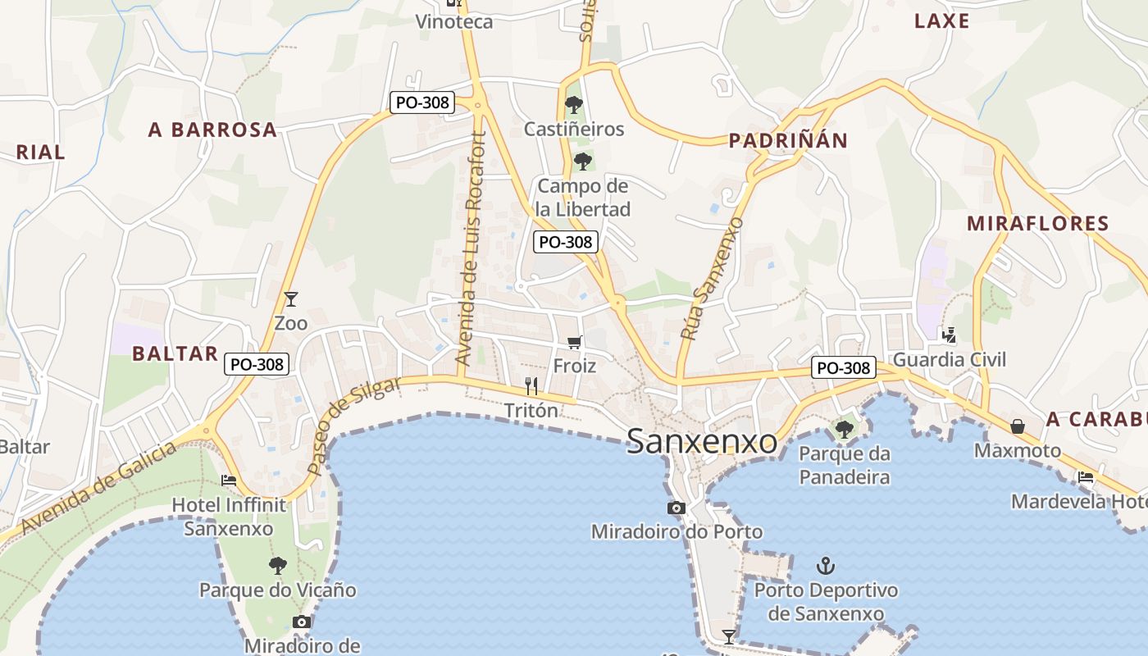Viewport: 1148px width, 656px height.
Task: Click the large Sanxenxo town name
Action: [702, 442]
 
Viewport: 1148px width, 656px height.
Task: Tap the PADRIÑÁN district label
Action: [788, 141]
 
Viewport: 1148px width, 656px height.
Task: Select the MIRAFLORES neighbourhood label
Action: [1037, 223]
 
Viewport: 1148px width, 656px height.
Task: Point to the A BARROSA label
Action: [212, 130]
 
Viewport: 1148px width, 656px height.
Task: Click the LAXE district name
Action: [941, 21]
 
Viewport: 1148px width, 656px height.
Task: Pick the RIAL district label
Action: [40, 153]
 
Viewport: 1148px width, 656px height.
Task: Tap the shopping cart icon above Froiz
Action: [574, 342]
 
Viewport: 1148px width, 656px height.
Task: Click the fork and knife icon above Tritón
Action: [531, 385]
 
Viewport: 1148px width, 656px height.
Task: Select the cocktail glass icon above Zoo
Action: [290, 299]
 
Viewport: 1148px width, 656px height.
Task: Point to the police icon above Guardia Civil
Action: [949, 335]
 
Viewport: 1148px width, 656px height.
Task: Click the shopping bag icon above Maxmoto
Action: [1017, 426]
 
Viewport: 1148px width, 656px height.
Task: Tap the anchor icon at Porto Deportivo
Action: [826, 566]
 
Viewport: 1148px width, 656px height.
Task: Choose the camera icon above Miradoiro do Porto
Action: [676, 508]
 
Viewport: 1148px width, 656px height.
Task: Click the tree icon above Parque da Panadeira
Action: [844, 429]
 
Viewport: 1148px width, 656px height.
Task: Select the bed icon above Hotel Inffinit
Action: [229, 481]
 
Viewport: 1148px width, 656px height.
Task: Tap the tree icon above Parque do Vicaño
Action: [278, 565]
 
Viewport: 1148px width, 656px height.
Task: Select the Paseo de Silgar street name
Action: [354, 425]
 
